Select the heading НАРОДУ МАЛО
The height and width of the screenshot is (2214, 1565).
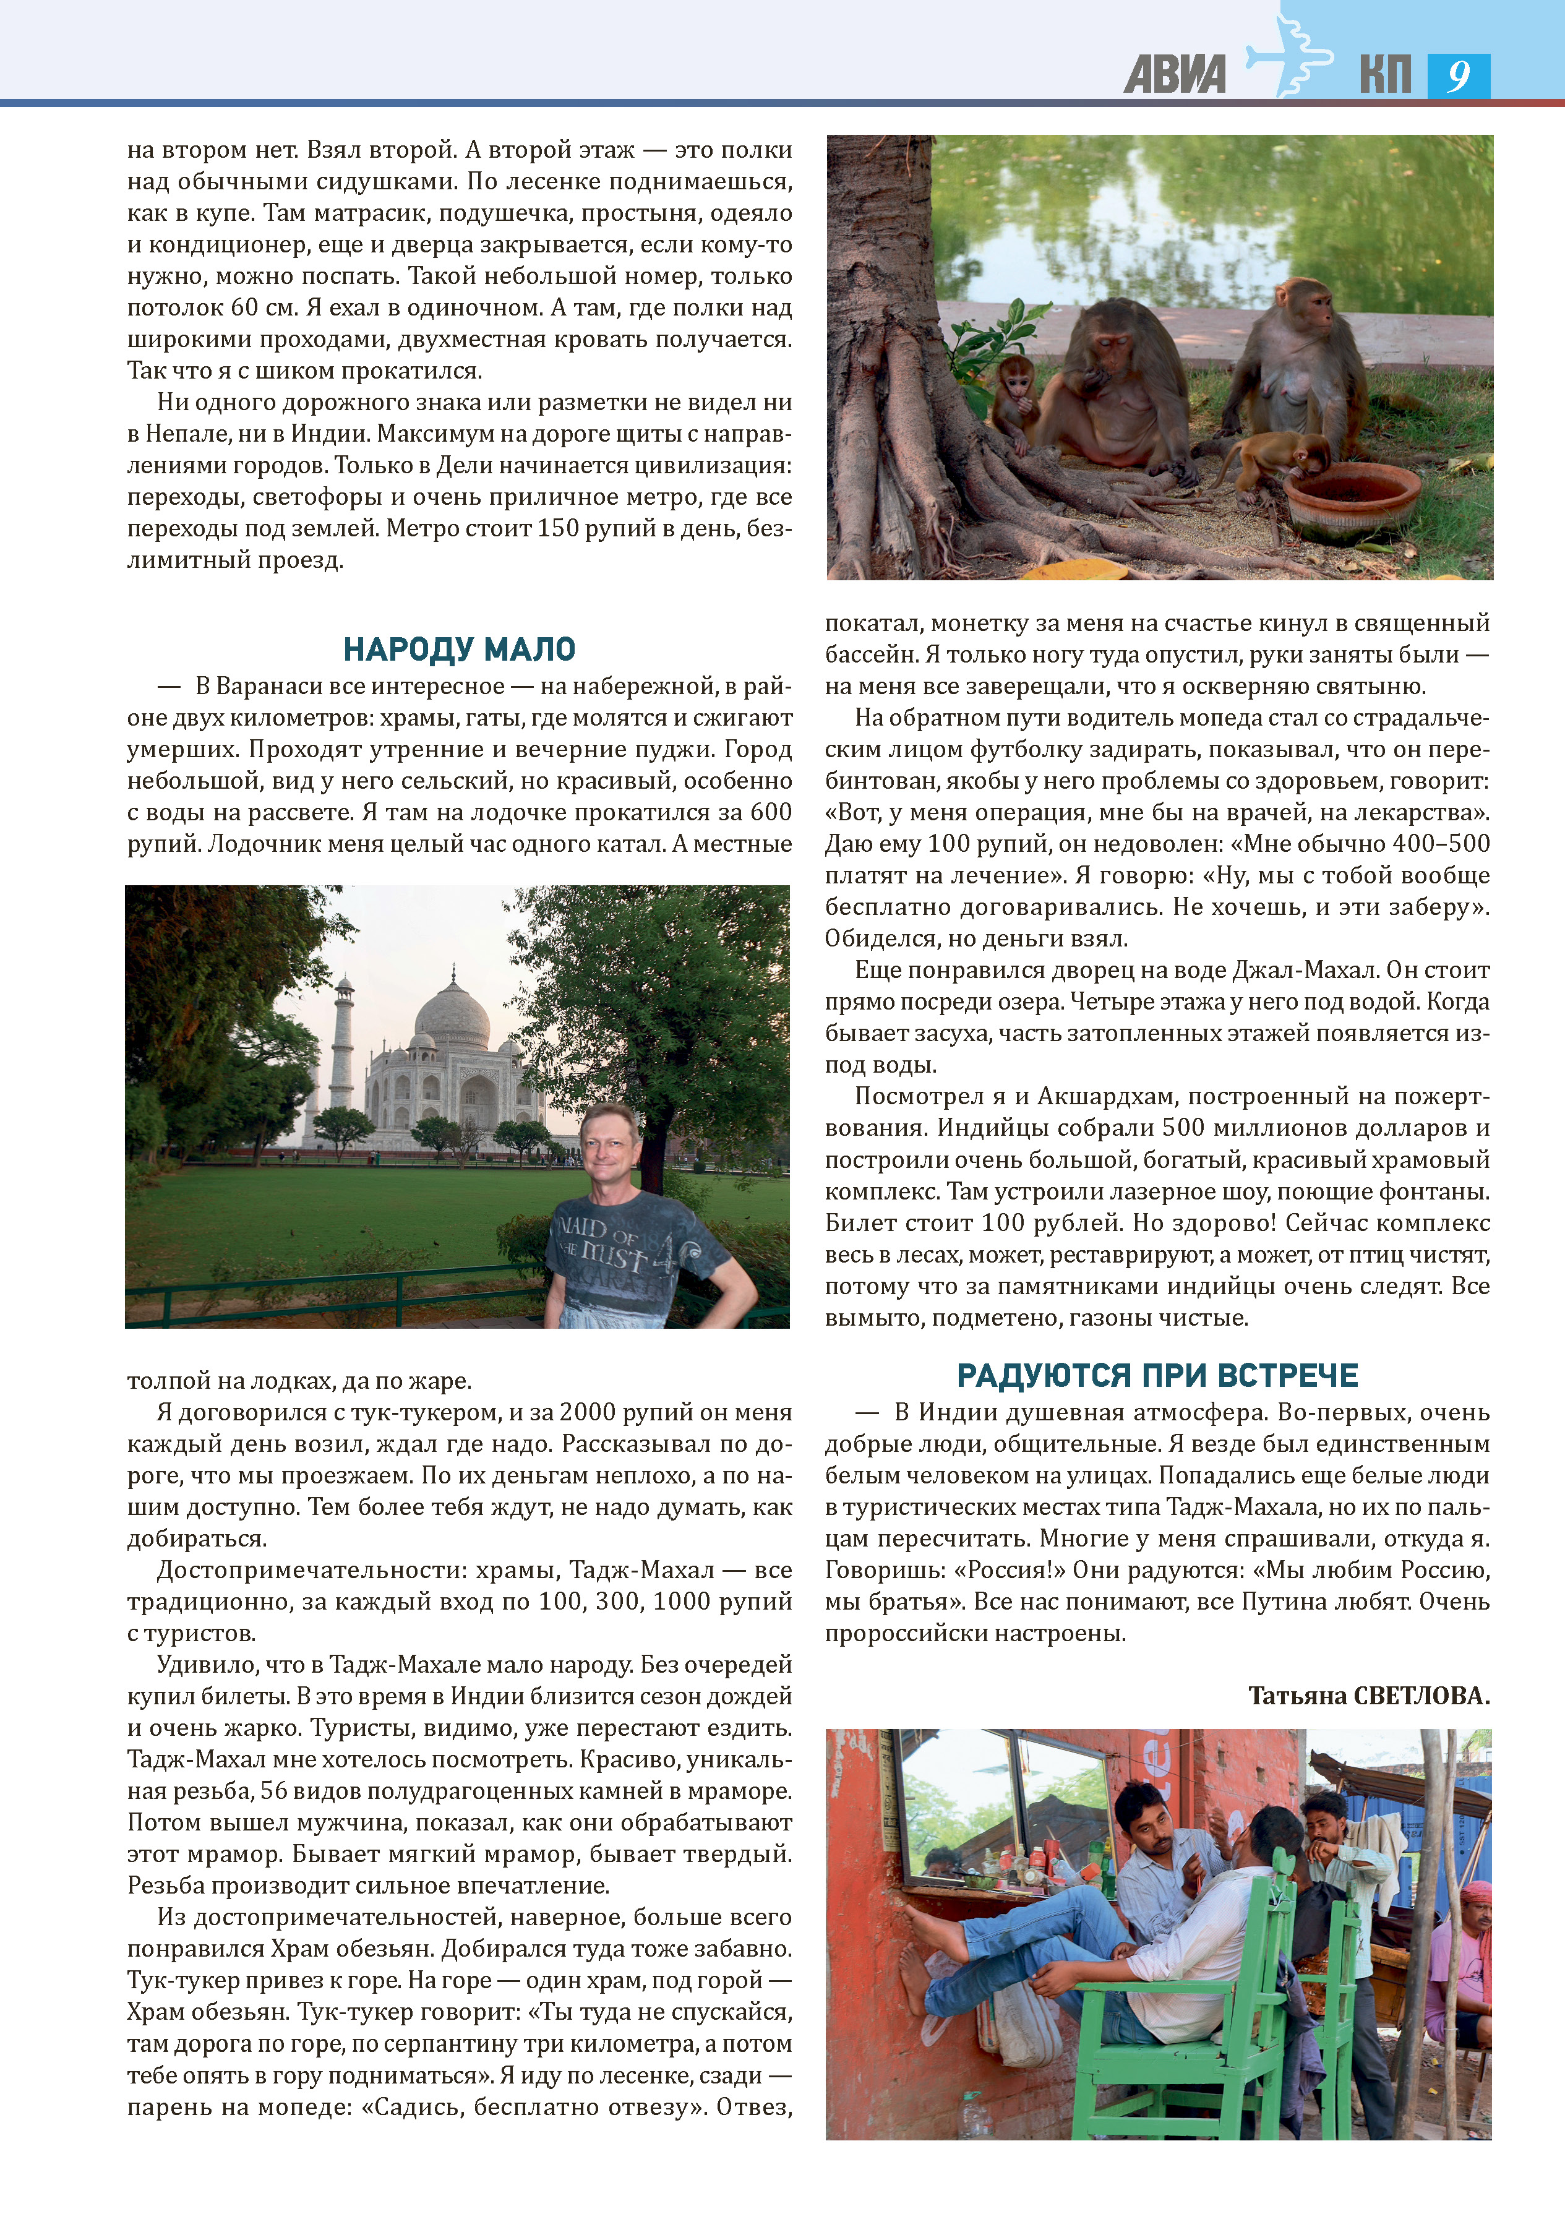point(459,649)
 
